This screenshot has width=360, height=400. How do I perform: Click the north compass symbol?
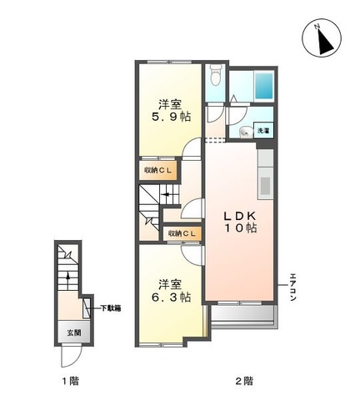[322, 38]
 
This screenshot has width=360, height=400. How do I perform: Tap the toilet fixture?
[215, 75]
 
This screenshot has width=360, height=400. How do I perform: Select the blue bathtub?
[263, 86]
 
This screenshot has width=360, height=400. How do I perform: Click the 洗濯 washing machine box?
[262, 130]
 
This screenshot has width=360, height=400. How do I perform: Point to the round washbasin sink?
[246, 132]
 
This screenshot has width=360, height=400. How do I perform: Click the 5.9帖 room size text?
[171, 117]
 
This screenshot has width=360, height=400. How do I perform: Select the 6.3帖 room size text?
[171, 297]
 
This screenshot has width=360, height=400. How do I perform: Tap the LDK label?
[240, 216]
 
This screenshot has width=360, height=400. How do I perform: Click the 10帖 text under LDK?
[241, 228]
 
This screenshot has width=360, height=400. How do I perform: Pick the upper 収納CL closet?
[157, 170]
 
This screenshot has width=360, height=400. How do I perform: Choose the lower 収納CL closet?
[182, 233]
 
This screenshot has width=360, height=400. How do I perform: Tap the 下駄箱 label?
[111, 308]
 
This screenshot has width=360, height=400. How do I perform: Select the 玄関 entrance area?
[74, 332]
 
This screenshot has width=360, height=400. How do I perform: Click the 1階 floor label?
[70, 381]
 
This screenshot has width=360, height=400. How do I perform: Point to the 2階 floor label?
[244, 381]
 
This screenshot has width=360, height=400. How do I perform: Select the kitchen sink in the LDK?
[265, 186]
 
